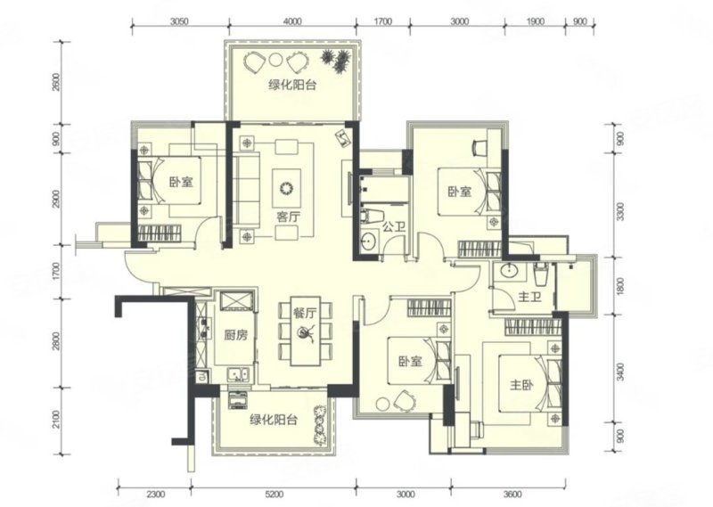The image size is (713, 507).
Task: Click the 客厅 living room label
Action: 288,217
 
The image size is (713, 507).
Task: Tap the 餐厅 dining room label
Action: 305,313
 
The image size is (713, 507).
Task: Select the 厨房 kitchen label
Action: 236,336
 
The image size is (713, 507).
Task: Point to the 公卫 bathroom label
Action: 393,226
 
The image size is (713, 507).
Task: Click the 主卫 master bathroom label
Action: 529,298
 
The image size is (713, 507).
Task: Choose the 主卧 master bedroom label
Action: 521,386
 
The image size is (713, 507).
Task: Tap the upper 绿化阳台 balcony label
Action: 292,85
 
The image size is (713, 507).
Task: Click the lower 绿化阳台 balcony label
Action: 274,420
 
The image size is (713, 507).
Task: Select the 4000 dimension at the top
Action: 292,21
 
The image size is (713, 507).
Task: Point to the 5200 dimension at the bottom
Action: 274,495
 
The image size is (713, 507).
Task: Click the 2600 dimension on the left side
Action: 56,83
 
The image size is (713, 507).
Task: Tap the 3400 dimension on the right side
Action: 620,372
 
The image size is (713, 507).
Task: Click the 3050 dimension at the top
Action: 179,21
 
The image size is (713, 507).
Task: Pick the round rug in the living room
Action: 286,188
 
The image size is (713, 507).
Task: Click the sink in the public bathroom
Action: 369,241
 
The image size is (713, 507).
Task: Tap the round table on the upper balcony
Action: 275,61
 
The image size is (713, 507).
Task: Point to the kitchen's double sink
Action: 237,373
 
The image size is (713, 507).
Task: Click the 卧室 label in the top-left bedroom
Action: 181,183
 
